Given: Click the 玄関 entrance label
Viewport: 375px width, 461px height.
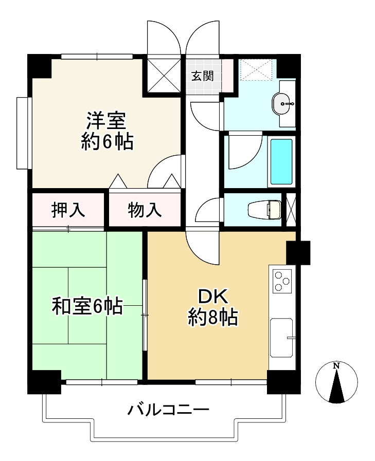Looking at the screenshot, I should [x=203, y=77].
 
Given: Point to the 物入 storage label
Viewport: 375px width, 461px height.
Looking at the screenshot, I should [x=145, y=210].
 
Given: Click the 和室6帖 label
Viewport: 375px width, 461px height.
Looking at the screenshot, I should [x=87, y=307].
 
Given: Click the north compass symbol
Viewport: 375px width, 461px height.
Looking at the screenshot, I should [x=336, y=383].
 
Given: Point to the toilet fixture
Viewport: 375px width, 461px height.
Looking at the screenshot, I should [x=264, y=210].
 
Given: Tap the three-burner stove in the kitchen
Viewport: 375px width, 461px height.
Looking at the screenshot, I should [x=281, y=281].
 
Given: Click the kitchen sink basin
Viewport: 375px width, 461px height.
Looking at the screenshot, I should [x=281, y=337].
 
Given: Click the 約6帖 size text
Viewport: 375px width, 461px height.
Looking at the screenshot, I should [x=107, y=141].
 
